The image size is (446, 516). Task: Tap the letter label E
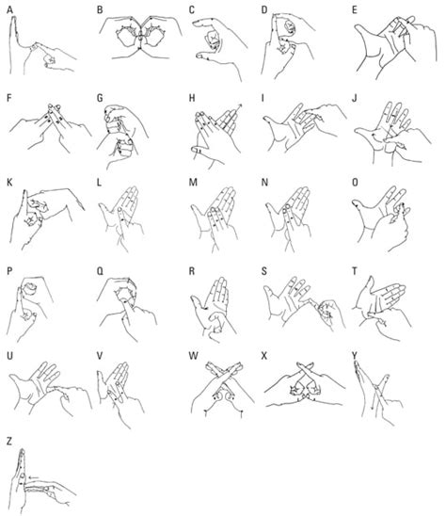click(354, 10)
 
